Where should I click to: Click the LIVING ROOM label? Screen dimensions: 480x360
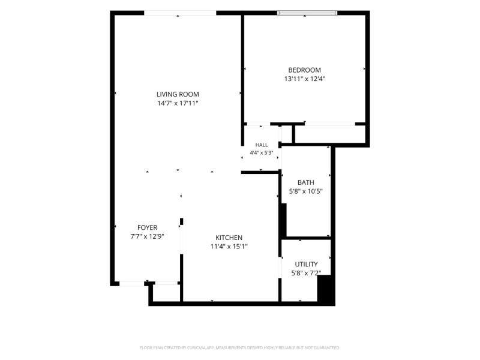point(178,94)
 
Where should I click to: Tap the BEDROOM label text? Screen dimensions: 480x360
point(305,70)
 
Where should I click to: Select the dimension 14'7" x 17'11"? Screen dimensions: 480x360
point(178,103)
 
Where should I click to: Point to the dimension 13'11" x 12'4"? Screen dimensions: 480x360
point(305,79)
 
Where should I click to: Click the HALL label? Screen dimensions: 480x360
point(262,145)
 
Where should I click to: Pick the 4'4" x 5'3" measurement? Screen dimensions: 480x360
point(262,153)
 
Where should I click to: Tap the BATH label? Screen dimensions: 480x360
point(306,182)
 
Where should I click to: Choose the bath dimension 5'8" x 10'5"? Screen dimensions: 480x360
point(306,191)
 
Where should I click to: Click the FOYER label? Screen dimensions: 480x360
point(147,228)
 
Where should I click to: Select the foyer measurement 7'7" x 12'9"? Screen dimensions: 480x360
point(147,236)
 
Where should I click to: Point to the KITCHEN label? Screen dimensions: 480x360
point(229,238)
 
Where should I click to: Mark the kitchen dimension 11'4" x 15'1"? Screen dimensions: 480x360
point(229,247)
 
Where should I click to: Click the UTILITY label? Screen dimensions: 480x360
point(306,264)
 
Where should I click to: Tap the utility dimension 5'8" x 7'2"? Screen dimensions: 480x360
point(306,273)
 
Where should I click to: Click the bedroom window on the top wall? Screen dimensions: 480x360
point(307,13)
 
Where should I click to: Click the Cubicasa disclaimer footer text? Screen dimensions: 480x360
point(239,348)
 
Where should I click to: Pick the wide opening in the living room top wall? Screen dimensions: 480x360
point(180,13)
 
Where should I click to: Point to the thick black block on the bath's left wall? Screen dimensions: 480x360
point(283,220)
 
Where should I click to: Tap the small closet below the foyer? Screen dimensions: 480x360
point(166,293)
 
